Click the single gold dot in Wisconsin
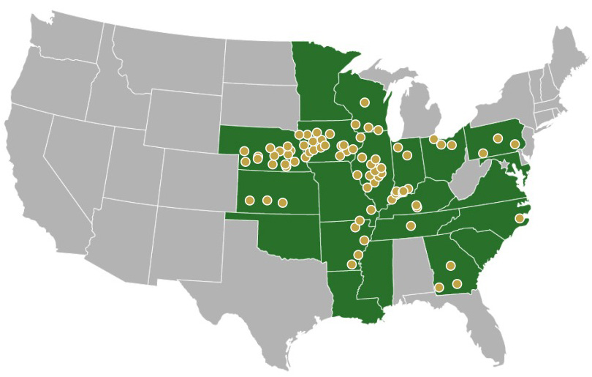(x=365, y=102)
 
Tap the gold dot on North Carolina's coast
(x=520, y=218)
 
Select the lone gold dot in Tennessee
(x=411, y=225)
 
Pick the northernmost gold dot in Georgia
(x=451, y=266)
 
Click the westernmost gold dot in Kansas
(x=249, y=200)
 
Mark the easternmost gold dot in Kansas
(x=284, y=202)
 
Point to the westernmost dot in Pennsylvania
(x=482, y=153)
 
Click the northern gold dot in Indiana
(x=398, y=147)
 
